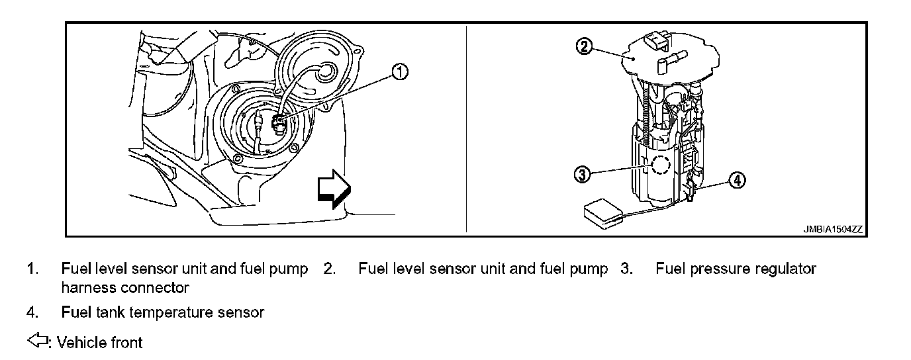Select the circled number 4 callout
point(737,179)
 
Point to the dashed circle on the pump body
point(660,165)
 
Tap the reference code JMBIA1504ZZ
point(834,230)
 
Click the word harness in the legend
point(88,288)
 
